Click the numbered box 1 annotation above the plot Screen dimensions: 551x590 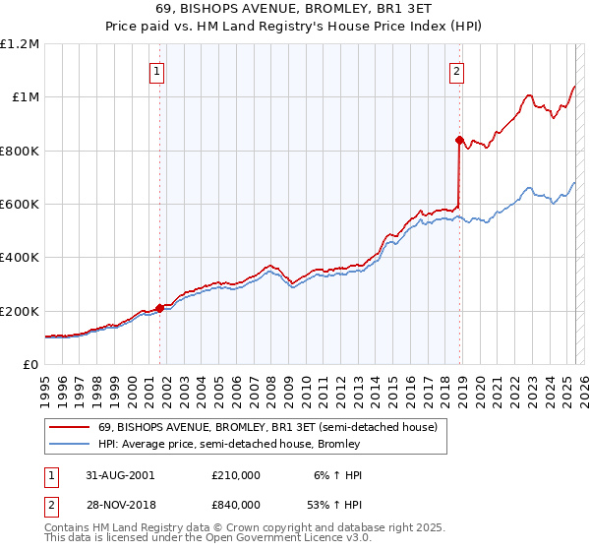(x=157, y=70)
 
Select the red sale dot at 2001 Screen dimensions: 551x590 (x=159, y=308)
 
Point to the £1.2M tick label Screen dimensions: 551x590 (x=20, y=44)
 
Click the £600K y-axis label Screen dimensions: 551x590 (x=20, y=205)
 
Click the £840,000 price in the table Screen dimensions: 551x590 (x=236, y=505)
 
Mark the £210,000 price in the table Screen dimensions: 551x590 (x=236, y=474)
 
